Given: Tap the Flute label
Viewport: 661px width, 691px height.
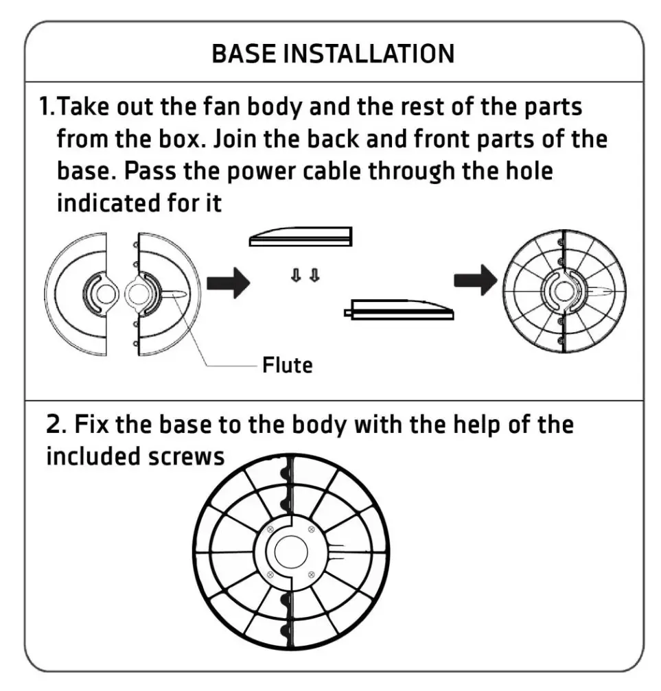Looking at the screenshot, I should click(x=287, y=365).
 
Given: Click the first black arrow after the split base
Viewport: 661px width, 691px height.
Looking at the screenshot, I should click(x=229, y=282).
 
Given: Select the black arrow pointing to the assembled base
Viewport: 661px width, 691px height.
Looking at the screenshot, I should click(x=476, y=279).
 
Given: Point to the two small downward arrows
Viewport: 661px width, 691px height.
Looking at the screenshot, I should click(x=304, y=276).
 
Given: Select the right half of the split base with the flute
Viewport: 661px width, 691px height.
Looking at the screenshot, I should click(x=165, y=294).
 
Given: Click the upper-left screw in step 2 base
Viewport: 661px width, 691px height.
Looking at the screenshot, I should click(x=270, y=529).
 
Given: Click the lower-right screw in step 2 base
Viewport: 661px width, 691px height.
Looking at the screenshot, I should click(x=312, y=574).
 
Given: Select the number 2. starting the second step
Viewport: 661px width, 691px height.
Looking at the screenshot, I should click(x=56, y=425).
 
